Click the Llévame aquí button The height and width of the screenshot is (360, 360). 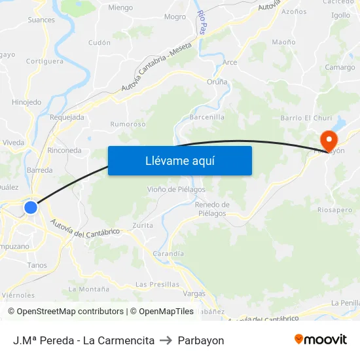click(179, 160)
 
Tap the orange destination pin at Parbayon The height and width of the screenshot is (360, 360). click(327, 139)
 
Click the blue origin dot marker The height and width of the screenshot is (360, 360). click(31, 207)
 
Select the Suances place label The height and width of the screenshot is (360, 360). click(41, 20)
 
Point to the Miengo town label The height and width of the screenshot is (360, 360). click(120, 8)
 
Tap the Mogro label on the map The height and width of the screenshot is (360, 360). click(175, 17)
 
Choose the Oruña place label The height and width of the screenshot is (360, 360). click(217, 82)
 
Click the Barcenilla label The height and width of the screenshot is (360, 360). click(207, 117)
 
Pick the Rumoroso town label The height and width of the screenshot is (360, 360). click(128, 124)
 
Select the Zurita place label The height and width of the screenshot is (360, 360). click(143, 225)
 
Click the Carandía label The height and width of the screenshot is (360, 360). click(168, 253)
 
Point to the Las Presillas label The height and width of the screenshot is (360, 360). click(157, 284)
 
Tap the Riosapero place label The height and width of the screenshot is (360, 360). click(335, 211)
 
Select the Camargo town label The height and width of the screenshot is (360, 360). click(340, 67)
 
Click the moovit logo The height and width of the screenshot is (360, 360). click(321, 340)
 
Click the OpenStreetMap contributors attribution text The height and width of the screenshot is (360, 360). click(70, 312)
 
